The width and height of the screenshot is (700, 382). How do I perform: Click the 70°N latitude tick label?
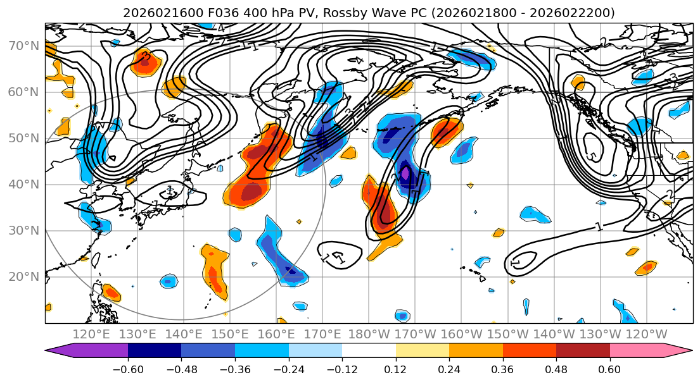[x=23, y=46]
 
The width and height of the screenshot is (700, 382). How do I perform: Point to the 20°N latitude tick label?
[x=23, y=276]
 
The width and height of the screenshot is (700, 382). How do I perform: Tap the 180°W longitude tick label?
[x=369, y=334]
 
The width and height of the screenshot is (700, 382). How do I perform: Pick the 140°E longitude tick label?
[x=184, y=334]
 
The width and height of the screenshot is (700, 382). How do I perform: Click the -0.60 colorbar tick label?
[x=128, y=369]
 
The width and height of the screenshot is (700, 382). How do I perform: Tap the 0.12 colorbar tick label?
[x=396, y=369]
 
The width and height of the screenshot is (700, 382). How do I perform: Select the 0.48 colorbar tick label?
[x=556, y=369]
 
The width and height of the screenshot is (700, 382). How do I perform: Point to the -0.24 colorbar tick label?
[x=289, y=369]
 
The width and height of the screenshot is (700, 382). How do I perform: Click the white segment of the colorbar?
[x=369, y=351]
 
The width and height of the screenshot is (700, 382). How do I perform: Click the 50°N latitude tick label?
[x=23, y=138]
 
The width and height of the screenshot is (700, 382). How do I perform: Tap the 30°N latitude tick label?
[x=23, y=230]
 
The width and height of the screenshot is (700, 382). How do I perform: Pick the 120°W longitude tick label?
[x=647, y=334]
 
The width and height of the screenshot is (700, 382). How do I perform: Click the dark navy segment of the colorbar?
[x=155, y=351]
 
